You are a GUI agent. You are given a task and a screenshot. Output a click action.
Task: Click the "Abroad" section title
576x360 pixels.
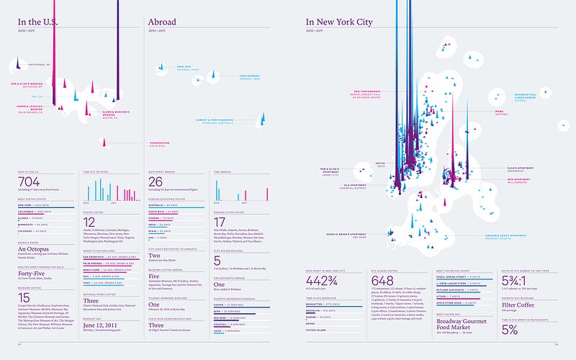tap(163, 22)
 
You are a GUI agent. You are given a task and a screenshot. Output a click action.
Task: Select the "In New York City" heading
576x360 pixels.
tap(339, 22)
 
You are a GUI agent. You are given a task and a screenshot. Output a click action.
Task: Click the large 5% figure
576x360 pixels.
tap(510, 329)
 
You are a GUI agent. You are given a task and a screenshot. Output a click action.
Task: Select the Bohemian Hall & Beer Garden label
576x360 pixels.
tap(521, 96)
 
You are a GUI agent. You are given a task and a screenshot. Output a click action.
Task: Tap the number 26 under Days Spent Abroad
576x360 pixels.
tap(156, 184)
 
